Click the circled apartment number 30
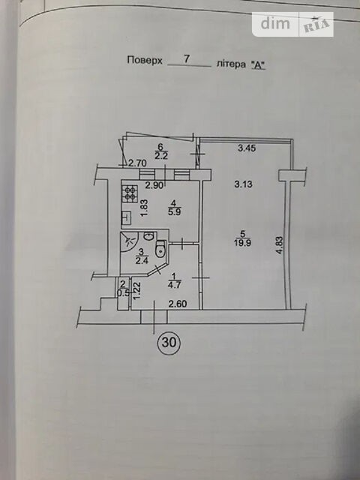pyautogui.click(x=169, y=343)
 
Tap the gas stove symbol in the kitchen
pyautogui.click(x=130, y=193)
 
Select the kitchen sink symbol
pyautogui.click(x=127, y=217)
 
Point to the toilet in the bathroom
pyautogui.click(x=160, y=249)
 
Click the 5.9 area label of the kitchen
pyautogui.click(x=173, y=211)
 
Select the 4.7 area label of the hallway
pyautogui.click(x=175, y=283)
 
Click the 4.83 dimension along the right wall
pyautogui.click(x=279, y=245)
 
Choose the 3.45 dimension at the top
pyautogui.click(x=247, y=148)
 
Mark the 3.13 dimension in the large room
pyautogui.click(x=243, y=184)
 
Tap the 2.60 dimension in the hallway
pyautogui.click(x=178, y=304)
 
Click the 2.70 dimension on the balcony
pyautogui.click(x=136, y=163)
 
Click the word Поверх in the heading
pyautogui.click(x=145, y=60)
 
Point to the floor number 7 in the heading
pyautogui.click(x=186, y=58)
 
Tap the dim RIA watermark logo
pyautogui.click(x=292, y=24)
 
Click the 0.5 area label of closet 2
pyautogui.click(x=124, y=292)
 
